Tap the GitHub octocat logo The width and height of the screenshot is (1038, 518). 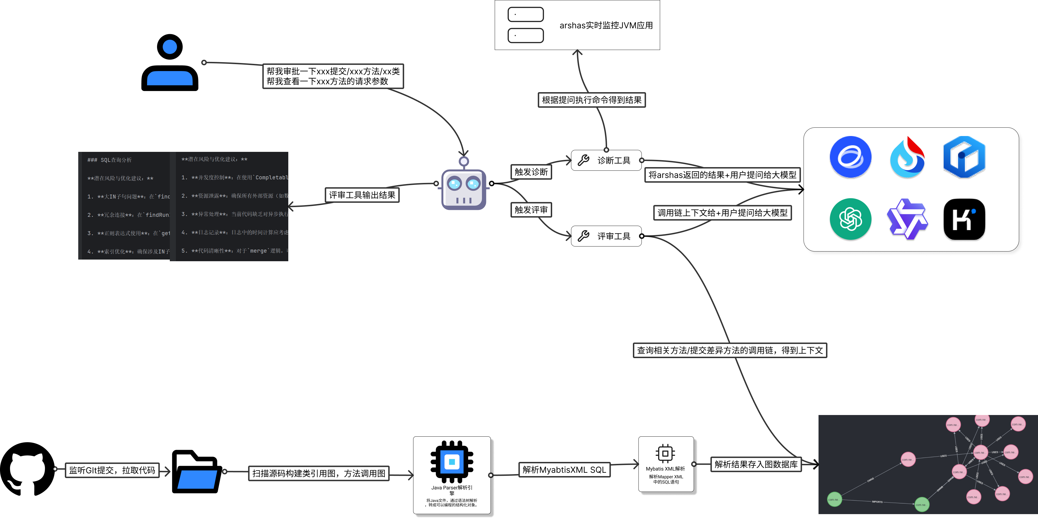(x=27, y=469)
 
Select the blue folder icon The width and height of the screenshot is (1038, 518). (x=196, y=471)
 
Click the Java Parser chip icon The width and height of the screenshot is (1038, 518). (x=452, y=462)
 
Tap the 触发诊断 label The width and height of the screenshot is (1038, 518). (x=531, y=172)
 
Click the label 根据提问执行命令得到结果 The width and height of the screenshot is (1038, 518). (x=592, y=100)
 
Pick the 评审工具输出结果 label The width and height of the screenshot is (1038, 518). (x=362, y=195)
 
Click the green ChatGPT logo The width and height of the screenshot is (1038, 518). (x=850, y=219)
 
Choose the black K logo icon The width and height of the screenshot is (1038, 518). (x=964, y=219)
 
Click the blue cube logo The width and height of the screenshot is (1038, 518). (x=964, y=157)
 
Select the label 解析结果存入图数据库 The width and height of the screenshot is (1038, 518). (x=756, y=464)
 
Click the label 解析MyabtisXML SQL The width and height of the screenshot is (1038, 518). (x=564, y=470)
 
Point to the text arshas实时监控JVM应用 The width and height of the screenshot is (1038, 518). (x=606, y=25)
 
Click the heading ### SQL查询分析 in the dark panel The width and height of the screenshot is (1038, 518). (x=110, y=160)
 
